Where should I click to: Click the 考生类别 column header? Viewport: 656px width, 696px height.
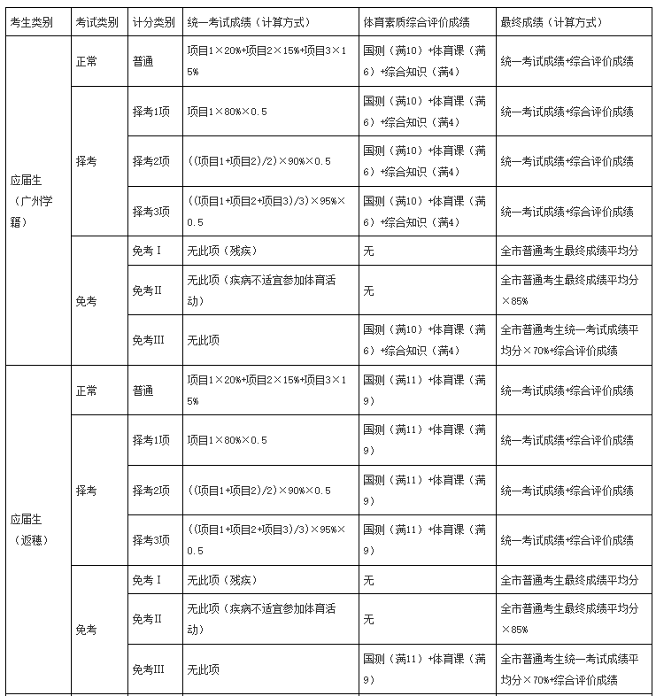click(31, 22)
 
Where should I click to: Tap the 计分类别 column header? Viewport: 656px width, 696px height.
click(153, 22)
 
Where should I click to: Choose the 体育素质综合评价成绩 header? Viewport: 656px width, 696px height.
click(416, 22)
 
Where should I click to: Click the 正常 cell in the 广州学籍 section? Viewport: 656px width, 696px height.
click(87, 61)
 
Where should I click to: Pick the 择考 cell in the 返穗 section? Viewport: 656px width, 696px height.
click(87, 491)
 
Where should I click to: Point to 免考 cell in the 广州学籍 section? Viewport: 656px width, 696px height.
click(87, 301)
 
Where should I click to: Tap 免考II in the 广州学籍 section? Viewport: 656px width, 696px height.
click(147, 290)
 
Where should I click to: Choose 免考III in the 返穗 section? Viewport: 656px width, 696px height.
click(148, 669)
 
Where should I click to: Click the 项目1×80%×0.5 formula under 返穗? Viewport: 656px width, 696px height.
click(227, 440)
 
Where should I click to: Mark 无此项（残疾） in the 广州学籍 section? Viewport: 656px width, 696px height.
click(221, 251)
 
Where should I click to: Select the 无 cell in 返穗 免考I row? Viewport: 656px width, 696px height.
click(368, 580)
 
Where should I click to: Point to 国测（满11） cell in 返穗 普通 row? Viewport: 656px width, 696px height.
click(426, 390)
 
